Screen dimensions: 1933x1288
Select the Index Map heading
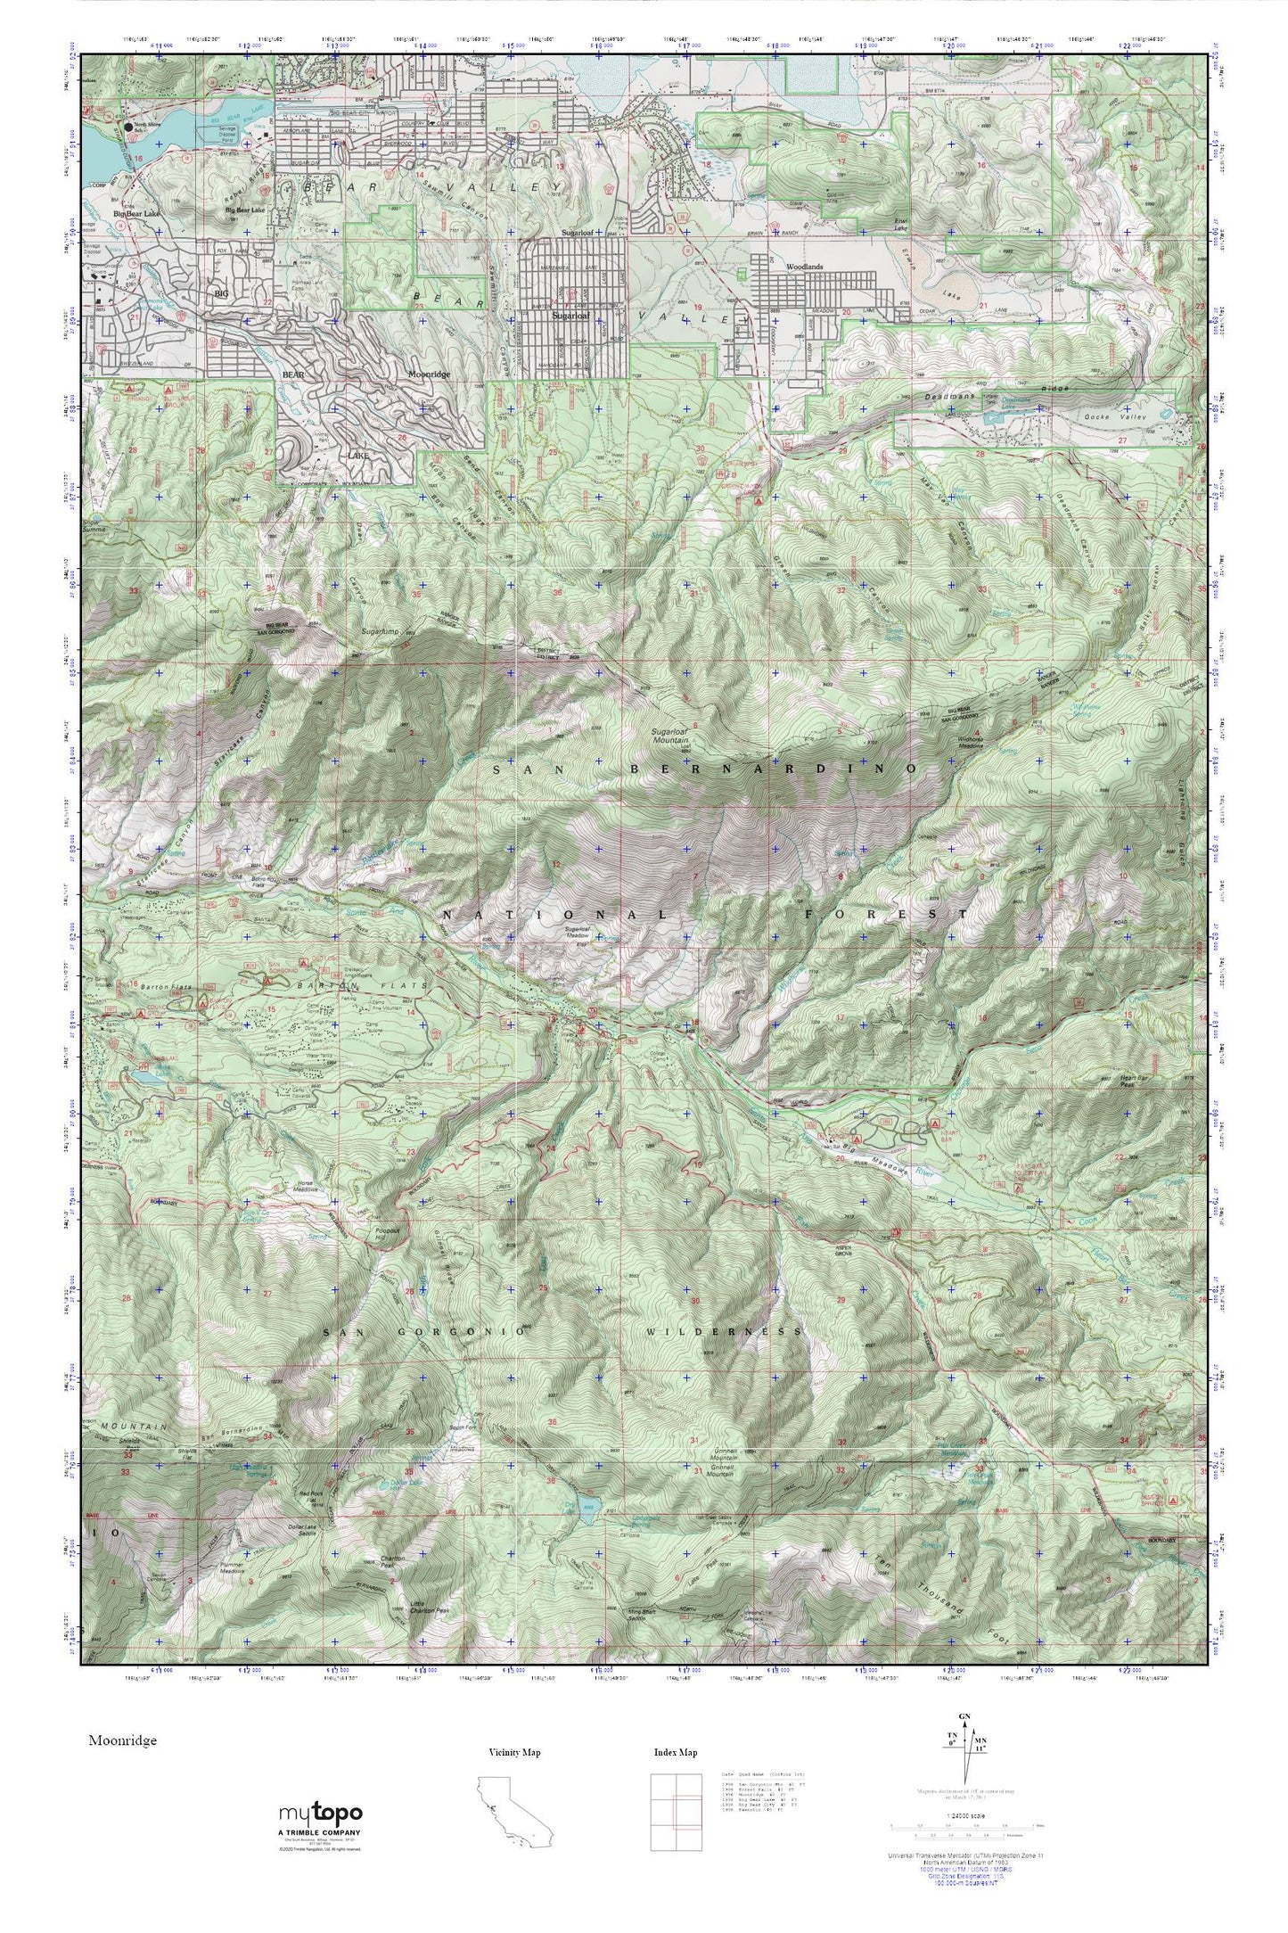click(675, 1753)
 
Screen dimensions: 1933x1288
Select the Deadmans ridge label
click(989, 391)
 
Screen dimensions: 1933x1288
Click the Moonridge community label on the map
click(431, 375)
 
